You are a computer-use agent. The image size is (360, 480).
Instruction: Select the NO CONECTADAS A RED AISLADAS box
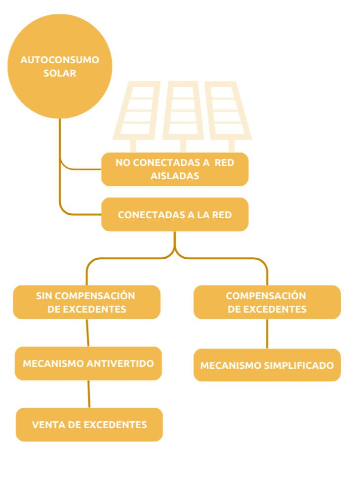click(x=175, y=169)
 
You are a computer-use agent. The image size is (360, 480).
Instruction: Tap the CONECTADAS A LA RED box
click(x=175, y=215)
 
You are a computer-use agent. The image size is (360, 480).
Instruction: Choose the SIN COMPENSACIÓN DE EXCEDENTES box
click(x=87, y=302)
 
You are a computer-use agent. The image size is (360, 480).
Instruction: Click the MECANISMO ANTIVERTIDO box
click(x=88, y=363)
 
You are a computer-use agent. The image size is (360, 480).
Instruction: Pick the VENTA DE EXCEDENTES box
click(x=89, y=425)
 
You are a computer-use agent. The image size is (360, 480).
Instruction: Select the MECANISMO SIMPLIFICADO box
click(x=267, y=365)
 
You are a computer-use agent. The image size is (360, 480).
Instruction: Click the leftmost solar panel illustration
click(x=136, y=111)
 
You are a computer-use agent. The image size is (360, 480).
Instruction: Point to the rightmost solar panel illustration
click(x=228, y=111)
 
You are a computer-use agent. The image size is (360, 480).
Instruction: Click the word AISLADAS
click(x=175, y=176)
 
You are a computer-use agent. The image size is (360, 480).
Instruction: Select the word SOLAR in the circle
click(x=60, y=73)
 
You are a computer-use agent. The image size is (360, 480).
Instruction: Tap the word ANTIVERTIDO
click(x=120, y=363)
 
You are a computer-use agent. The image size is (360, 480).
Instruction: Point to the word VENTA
click(x=46, y=425)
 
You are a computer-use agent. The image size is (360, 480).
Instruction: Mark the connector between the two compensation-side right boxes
click(x=267, y=334)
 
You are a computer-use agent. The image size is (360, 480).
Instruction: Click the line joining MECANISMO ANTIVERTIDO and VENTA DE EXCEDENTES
click(x=89, y=394)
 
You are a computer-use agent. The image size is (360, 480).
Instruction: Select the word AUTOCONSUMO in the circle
click(x=60, y=60)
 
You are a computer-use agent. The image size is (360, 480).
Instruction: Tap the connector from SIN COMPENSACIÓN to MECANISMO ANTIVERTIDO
click(x=87, y=333)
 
